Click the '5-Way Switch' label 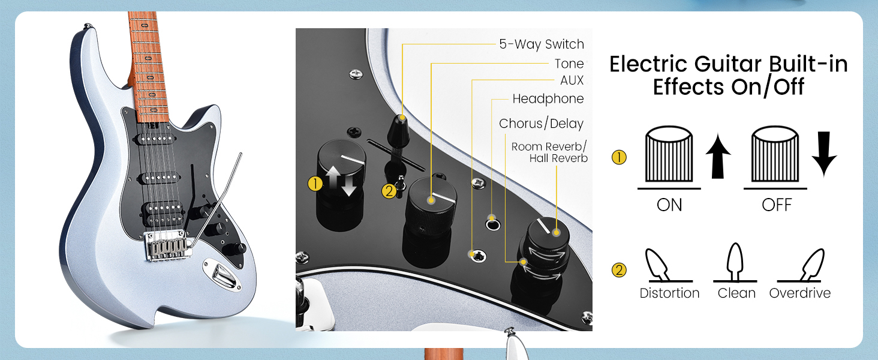point(541,44)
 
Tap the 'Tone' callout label point(569,64)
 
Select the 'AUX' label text point(572,80)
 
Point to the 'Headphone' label point(548,99)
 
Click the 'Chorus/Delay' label point(541,124)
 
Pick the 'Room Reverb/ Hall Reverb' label point(549,152)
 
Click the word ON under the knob point(669,205)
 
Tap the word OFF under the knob point(777,205)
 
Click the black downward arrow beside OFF point(824,156)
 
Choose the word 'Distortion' point(669,293)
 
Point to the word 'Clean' point(736,293)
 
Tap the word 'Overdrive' point(800,293)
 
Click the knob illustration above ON point(669,156)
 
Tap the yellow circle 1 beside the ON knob point(619,158)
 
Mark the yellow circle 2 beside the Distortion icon point(619,270)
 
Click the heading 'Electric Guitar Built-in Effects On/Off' point(728,76)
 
